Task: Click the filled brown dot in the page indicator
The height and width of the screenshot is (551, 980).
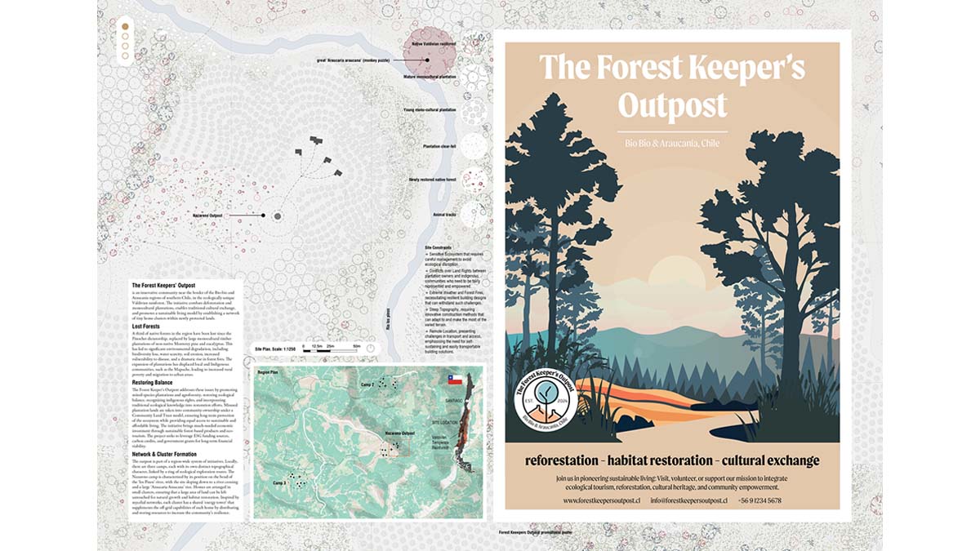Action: [125, 26]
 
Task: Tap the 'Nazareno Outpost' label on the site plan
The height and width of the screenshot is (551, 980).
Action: [207, 216]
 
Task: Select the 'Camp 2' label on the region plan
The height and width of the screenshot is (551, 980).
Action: [367, 384]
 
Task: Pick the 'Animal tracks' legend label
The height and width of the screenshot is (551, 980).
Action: [445, 214]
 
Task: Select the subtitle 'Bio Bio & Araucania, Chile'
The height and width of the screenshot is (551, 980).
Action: [671, 144]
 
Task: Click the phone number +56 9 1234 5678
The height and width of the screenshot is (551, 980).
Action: [759, 500]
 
